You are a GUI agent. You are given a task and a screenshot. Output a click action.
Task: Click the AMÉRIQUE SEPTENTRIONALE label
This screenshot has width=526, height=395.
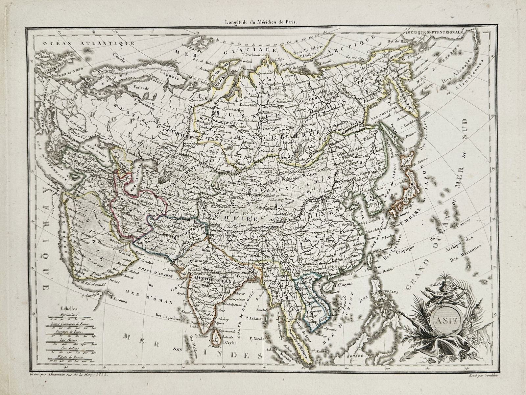coord(434,33)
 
